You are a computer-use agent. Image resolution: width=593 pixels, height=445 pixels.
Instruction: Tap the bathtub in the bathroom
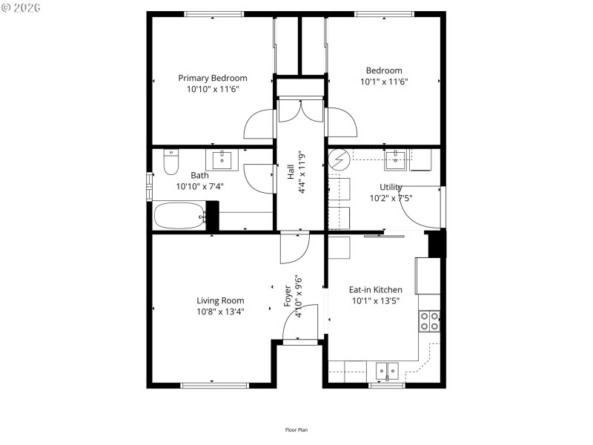(179, 217)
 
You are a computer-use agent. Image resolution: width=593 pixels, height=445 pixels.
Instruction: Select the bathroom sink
(221, 159)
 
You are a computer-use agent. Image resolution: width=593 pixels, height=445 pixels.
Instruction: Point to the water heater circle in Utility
(339, 160)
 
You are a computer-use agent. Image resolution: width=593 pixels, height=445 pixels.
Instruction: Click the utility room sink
(400, 156)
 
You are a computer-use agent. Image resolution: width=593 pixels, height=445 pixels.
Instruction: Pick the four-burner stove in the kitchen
(430, 320)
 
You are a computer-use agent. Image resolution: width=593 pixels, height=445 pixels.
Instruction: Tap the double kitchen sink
(386, 370)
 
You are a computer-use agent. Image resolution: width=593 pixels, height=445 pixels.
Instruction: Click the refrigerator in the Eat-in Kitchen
(427, 275)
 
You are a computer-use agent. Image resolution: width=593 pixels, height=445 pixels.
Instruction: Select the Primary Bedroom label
(213, 78)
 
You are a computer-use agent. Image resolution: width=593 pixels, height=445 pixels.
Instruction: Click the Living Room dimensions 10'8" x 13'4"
(220, 311)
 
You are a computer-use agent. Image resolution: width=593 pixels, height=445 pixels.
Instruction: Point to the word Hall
(291, 172)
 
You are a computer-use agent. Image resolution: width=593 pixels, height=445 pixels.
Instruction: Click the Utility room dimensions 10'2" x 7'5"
(390, 198)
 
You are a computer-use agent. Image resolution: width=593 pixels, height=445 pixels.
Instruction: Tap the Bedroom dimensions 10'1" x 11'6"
(384, 82)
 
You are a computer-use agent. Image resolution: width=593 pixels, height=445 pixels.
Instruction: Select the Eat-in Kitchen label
(376, 290)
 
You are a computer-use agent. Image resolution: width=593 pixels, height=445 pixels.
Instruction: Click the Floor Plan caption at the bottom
(296, 429)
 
